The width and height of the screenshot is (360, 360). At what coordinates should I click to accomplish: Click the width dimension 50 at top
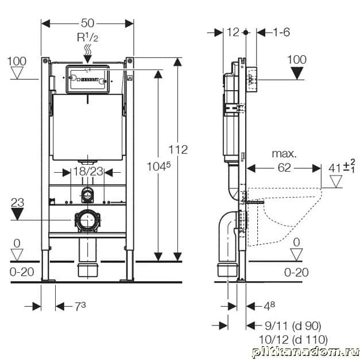coord(87,24)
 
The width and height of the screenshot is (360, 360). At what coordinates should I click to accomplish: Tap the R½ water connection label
coord(87,37)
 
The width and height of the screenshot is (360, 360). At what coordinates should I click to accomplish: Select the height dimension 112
coord(179,149)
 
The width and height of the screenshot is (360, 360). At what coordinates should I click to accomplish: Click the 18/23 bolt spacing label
coord(87,171)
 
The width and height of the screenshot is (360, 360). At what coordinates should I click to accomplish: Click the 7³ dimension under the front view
coord(79,305)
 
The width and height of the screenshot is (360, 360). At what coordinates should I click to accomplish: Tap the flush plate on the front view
coord(87,80)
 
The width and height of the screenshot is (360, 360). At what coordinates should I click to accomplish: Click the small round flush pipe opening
coord(87,195)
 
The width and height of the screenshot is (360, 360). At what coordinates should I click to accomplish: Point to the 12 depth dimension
coord(233,32)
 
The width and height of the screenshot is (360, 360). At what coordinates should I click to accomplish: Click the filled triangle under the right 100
coord(297,73)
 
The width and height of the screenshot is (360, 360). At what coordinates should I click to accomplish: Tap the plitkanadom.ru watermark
coord(304,351)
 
